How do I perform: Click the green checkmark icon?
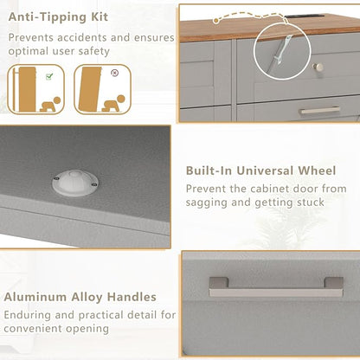click(x=49, y=76)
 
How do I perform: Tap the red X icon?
click(x=115, y=73)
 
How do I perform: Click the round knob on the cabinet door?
click(x=318, y=67)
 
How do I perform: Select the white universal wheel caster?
click(x=75, y=183)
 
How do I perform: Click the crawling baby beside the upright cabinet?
click(x=50, y=105)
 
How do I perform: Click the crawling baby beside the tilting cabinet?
click(x=113, y=103)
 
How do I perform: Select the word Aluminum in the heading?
click(x=35, y=297)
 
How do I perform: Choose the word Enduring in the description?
click(x=28, y=315)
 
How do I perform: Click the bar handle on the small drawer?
click(x=319, y=110)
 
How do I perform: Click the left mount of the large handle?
click(x=219, y=283)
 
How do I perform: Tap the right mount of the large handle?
click(x=333, y=283)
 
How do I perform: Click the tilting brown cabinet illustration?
click(x=90, y=89)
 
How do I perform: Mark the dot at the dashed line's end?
click(x=215, y=21)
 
